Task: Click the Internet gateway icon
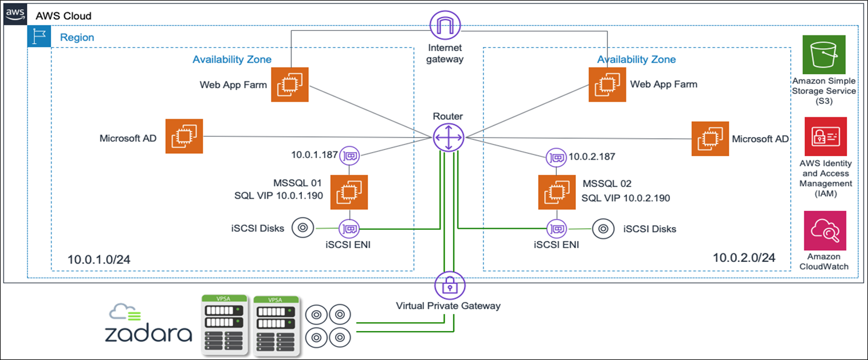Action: tap(445, 26)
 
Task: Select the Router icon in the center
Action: tap(448, 138)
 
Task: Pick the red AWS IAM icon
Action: tap(824, 136)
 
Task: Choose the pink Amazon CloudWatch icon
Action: tap(824, 231)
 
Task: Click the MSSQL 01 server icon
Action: tap(349, 192)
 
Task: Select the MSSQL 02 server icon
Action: tap(556, 191)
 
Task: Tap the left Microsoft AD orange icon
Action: tap(184, 136)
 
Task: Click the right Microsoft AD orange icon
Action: tap(710, 139)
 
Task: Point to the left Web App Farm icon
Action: tap(290, 85)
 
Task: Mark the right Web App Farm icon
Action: tap(607, 85)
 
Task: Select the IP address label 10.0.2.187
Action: tap(591, 156)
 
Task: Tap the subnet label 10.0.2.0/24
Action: tap(744, 257)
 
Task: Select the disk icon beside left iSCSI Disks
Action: tap(302, 228)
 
